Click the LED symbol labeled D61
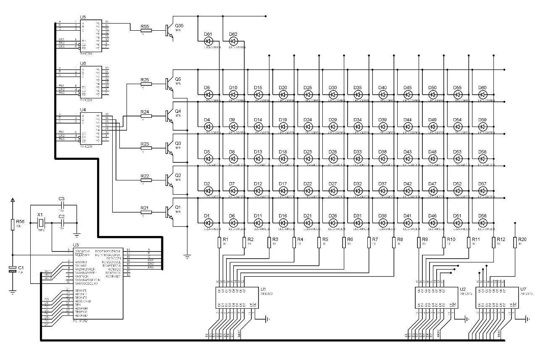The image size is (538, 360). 208,41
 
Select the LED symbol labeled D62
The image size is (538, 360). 233,41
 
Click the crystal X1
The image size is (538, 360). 41,223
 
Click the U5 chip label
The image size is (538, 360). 83,17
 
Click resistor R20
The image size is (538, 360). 516,243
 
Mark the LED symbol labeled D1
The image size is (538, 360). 208,223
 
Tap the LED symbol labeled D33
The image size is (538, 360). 358,159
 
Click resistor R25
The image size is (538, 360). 146,84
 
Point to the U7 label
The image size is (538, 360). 523,289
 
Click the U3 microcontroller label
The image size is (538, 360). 76,245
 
